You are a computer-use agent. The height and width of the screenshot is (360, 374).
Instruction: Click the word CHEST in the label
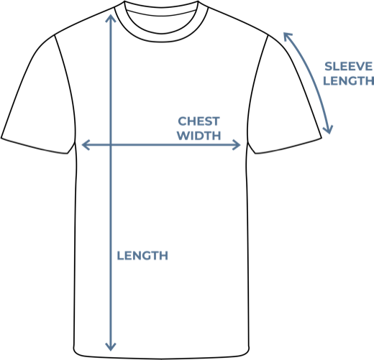[199, 121]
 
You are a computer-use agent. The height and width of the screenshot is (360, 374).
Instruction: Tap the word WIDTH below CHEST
[199, 136]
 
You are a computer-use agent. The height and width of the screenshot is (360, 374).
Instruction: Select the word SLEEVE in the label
[349, 66]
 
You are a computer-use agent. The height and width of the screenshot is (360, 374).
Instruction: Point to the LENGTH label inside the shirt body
[142, 256]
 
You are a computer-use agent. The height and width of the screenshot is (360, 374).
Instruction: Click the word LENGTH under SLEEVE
[349, 80]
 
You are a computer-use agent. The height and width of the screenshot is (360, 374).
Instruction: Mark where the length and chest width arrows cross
[111, 144]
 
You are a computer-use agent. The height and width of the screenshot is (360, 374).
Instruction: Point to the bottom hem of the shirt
[161, 358]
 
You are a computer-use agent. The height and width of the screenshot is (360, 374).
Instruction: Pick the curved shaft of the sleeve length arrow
[312, 79]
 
